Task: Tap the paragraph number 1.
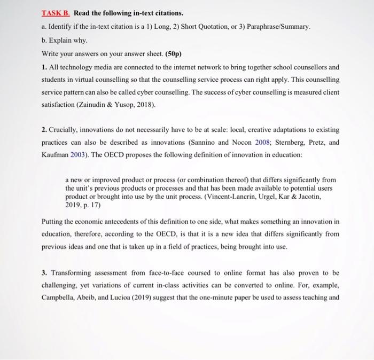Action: tap(43, 68)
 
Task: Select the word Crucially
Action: tap(65, 130)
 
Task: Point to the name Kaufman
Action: tap(56, 155)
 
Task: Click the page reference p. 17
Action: tap(92, 204)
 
